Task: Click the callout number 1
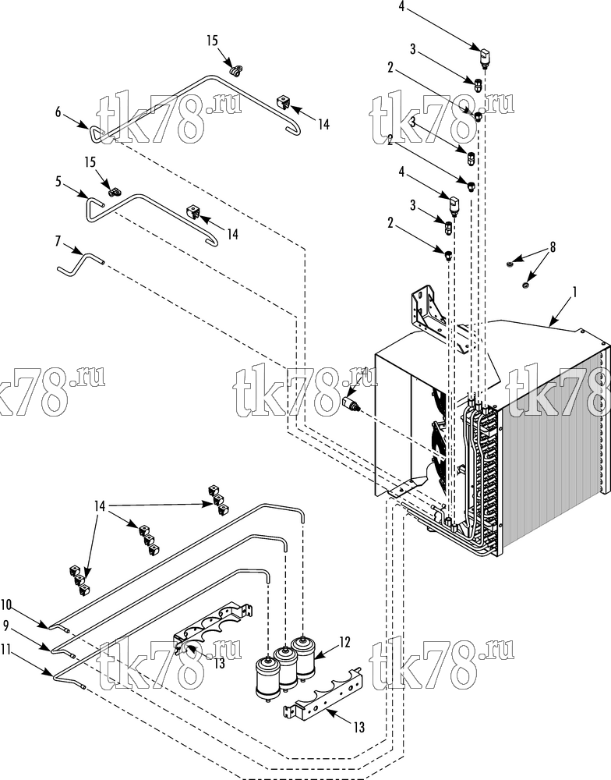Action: [x=574, y=292]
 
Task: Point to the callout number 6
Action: [x=58, y=112]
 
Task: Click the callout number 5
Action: [x=58, y=182]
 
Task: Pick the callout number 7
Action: [x=58, y=241]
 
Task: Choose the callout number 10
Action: [x=6, y=604]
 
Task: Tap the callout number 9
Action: [x=6, y=624]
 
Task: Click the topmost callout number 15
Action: [x=212, y=41]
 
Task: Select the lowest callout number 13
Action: [x=359, y=727]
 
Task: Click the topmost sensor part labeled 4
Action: [x=484, y=55]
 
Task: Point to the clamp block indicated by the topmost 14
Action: [x=282, y=104]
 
